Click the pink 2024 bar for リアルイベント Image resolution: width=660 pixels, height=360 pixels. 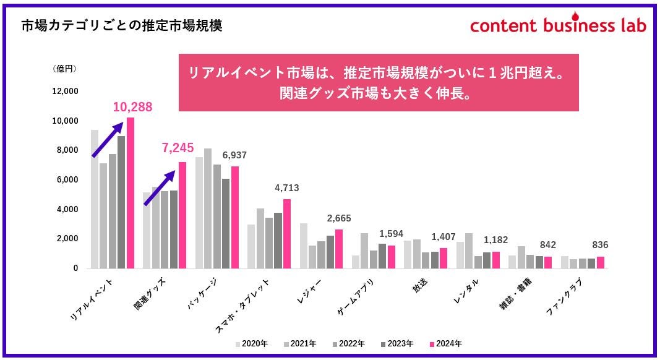tap(130, 193)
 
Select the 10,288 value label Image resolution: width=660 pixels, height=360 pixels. tap(132, 107)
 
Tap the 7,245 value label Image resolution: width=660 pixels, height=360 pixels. tap(178, 148)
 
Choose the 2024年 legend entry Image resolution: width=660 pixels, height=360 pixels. tap(445, 344)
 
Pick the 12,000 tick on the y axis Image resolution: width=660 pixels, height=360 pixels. tap(64, 92)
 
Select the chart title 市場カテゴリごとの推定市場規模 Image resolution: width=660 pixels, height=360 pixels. tap(121, 25)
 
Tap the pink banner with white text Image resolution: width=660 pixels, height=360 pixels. tap(379, 82)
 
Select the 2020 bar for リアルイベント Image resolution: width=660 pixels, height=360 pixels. tap(95, 199)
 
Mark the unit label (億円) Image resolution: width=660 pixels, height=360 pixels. tap(64, 69)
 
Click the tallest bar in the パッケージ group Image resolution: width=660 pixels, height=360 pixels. tap(208, 208)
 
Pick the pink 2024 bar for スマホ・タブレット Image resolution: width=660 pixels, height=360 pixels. tap(287, 234)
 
